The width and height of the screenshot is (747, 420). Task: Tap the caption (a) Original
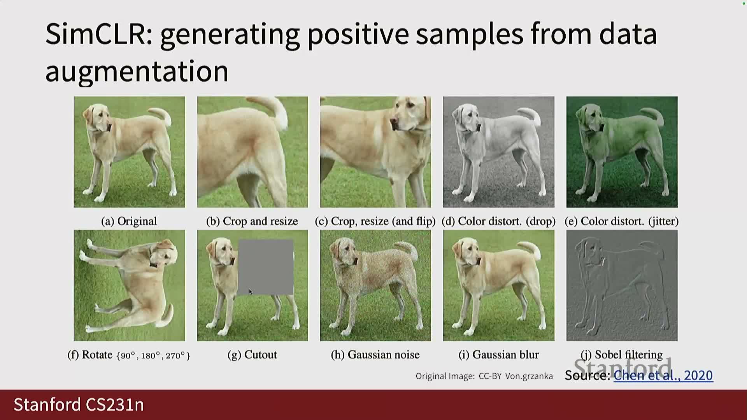(x=129, y=221)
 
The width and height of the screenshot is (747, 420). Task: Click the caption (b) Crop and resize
(x=252, y=221)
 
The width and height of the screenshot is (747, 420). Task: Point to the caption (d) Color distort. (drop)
(x=499, y=221)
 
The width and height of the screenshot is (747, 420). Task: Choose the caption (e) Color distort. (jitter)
(x=622, y=221)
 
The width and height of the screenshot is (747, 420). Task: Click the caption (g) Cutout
(x=252, y=355)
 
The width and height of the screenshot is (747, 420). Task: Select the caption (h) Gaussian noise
(x=375, y=355)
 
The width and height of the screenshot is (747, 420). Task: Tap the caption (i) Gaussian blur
(x=499, y=355)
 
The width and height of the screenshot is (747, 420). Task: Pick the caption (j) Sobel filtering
(x=622, y=355)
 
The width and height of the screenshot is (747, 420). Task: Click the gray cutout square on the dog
(x=266, y=267)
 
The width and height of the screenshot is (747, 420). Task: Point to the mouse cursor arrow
(x=251, y=292)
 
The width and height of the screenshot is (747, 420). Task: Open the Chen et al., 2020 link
(x=663, y=375)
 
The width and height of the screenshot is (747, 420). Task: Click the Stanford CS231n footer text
(x=79, y=405)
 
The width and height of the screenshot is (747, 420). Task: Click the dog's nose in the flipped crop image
(x=394, y=124)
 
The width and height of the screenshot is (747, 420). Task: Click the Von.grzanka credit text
(x=529, y=376)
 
